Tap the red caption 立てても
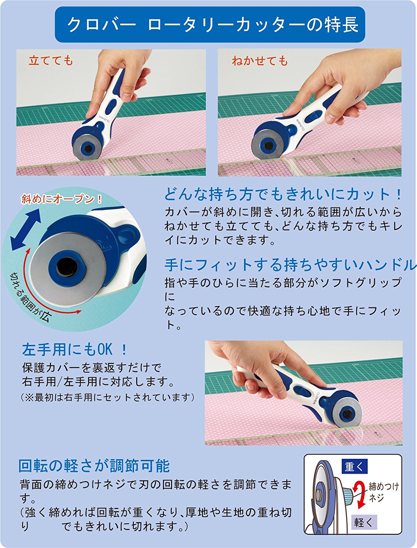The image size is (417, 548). (x=51, y=61)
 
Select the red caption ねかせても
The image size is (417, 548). (x=260, y=61)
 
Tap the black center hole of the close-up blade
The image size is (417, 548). (x=67, y=267)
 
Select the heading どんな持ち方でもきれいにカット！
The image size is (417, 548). (x=283, y=194)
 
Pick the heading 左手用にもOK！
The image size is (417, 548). (x=75, y=350)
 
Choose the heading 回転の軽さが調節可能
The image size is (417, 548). (x=94, y=466)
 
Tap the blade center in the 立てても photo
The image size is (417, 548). (x=88, y=148)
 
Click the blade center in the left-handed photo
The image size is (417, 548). (x=347, y=414)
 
